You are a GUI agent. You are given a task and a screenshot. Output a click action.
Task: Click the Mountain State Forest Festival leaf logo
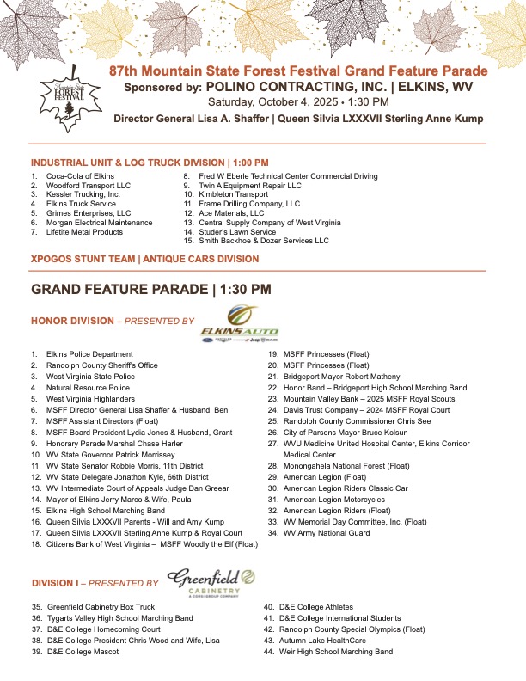[66, 96]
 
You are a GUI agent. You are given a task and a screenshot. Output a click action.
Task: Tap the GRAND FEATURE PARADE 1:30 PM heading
[151, 290]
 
